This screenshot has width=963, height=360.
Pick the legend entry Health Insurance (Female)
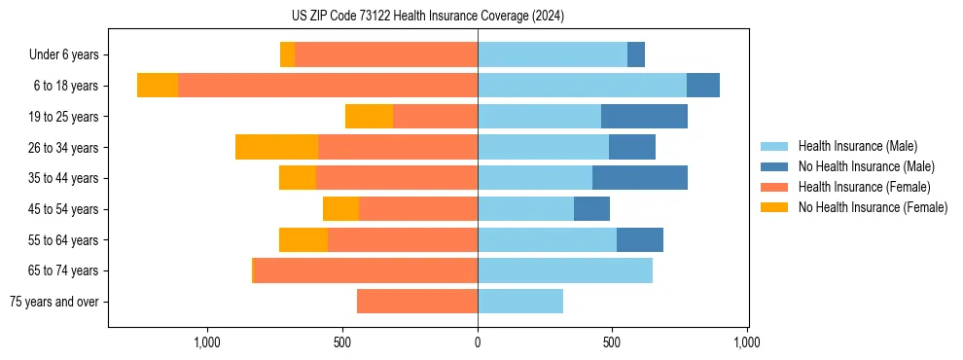[x=856, y=187]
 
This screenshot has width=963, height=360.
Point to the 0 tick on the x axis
[x=478, y=342]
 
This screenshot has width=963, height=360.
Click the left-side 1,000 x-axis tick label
[x=207, y=342]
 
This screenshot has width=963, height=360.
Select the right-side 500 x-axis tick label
[x=612, y=342]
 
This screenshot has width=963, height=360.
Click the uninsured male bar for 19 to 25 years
[x=644, y=116]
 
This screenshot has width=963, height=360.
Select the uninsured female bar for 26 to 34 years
[x=276, y=147]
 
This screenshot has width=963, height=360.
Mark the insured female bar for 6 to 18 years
[x=328, y=85]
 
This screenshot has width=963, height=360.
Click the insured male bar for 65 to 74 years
[x=565, y=270]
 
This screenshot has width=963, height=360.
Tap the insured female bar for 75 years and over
[x=417, y=302]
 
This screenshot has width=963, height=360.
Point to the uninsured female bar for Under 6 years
[x=287, y=54]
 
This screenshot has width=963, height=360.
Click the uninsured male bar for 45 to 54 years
[x=591, y=208]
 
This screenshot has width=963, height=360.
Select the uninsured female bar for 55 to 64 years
[x=303, y=239]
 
